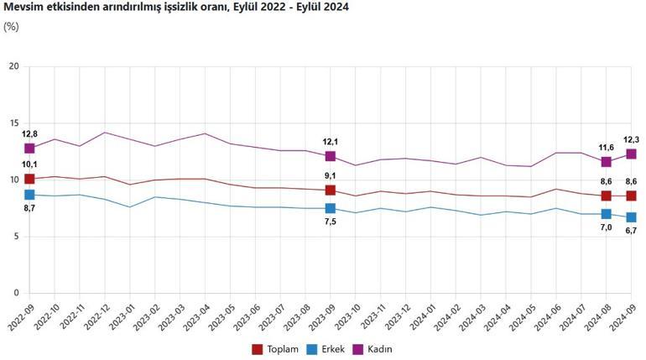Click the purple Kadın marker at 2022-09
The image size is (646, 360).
(x=29, y=148)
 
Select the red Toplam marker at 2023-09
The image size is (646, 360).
(x=331, y=190)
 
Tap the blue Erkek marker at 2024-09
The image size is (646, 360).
(x=631, y=217)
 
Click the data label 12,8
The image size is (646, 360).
(x=29, y=133)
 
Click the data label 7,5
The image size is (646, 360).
(x=331, y=222)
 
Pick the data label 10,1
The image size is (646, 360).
(x=29, y=165)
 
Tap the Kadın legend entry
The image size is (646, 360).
(x=377, y=348)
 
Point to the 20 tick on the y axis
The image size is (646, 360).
(x=13, y=65)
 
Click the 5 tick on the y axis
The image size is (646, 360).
(x=16, y=237)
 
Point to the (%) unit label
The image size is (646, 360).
(x=11, y=26)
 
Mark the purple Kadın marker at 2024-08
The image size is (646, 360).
(x=607, y=161)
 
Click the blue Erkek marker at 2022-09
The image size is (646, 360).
(x=29, y=195)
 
